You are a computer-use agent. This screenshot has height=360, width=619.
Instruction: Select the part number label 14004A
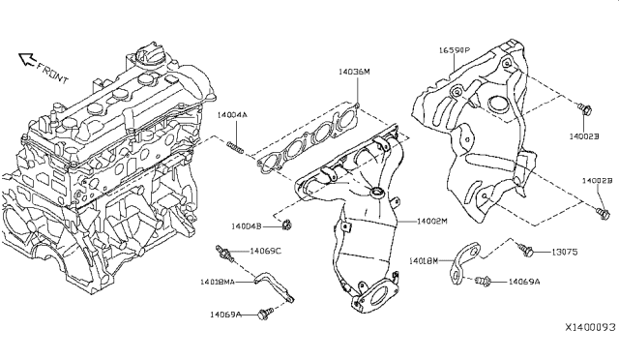pos(231,115)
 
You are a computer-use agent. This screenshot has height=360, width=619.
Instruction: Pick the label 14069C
pos(265,251)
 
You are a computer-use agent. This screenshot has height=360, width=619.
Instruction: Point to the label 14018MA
pos(217,282)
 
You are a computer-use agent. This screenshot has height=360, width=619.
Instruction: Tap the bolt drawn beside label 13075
pos(529,251)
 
